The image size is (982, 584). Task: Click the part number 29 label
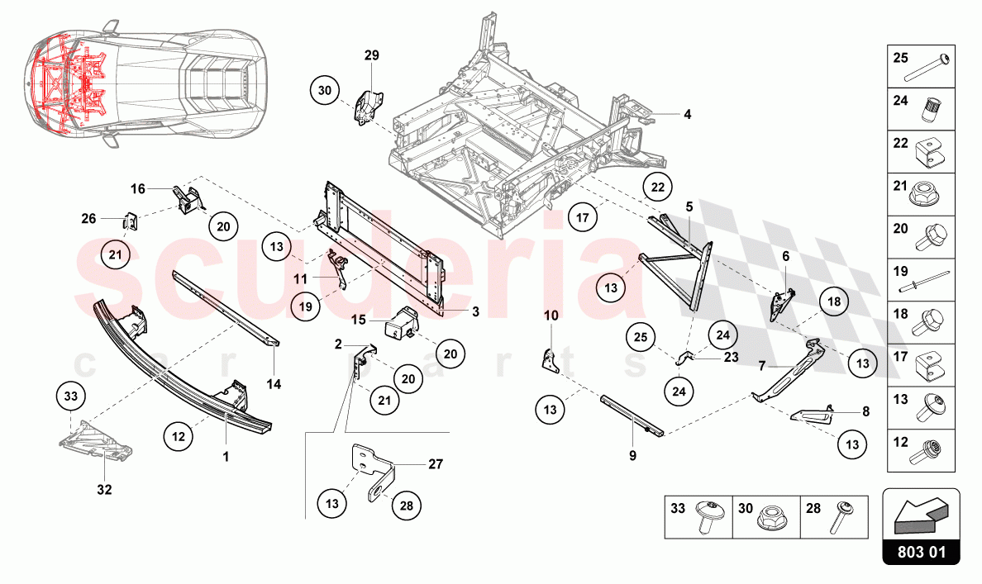371,55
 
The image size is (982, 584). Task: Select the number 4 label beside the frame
687,114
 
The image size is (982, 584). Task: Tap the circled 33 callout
71,397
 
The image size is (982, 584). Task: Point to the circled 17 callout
583,219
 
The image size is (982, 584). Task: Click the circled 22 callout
657,188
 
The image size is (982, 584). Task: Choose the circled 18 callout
833,302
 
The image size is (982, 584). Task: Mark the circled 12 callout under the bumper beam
178,434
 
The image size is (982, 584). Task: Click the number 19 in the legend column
900,269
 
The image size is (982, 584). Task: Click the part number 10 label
551,316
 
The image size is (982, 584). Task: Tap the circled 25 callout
641,337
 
